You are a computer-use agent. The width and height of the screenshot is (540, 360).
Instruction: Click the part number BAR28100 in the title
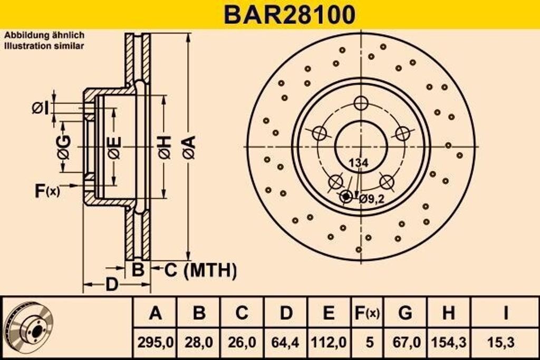click(290, 14)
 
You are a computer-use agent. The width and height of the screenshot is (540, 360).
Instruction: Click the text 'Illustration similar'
click(44, 46)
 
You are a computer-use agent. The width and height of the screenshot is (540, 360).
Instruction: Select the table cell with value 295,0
click(155, 342)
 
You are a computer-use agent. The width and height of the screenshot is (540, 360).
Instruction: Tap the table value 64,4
click(286, 342)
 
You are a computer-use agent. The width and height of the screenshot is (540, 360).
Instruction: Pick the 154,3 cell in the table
click(448, 342)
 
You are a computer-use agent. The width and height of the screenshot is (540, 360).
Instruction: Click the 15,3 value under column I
click(505, 342)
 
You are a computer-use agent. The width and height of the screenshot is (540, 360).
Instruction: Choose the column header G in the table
click(405, 313)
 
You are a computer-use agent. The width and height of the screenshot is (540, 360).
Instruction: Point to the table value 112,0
click(329, 342)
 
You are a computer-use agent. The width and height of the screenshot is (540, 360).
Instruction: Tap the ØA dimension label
click(189, 147)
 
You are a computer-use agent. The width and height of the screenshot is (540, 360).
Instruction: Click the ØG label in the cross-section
click(64, 147)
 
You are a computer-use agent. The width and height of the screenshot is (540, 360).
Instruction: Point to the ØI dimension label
click(40, 108)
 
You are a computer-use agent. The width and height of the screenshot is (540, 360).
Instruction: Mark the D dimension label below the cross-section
click(111, 285)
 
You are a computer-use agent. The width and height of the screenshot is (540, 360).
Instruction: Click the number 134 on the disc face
click(358, 163)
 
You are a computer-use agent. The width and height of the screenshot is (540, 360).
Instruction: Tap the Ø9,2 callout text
click(372, 199)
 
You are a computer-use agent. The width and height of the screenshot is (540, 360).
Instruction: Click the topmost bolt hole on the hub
click(361, 103)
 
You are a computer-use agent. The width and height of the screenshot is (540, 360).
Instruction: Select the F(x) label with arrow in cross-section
click(47, 191)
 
